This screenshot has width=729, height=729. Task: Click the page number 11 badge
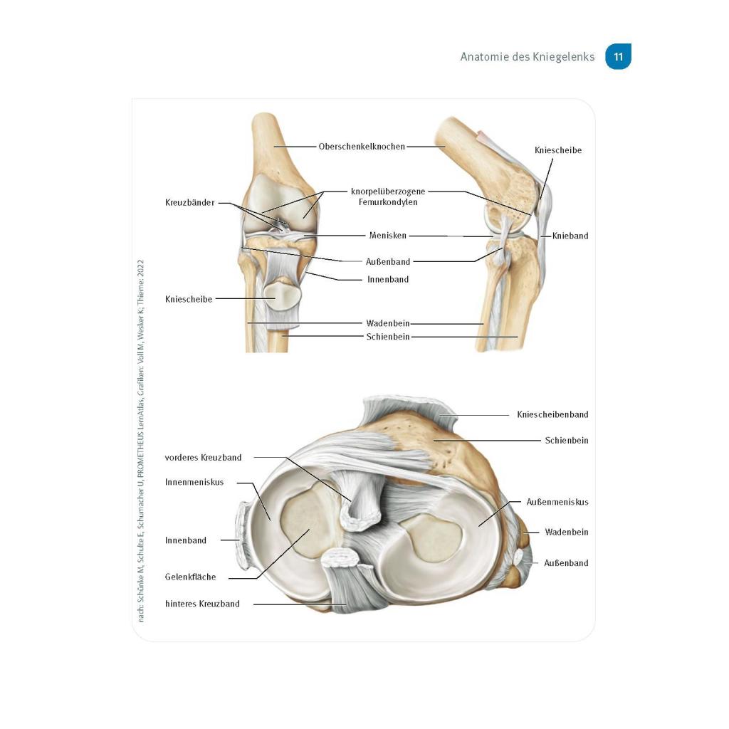618,57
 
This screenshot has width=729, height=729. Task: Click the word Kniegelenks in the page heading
563,57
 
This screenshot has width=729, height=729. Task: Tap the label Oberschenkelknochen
362,147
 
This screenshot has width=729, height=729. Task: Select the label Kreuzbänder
189,203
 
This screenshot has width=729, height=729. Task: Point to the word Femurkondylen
388,201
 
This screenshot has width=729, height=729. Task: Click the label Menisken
388,235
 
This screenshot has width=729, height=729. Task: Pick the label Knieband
570,236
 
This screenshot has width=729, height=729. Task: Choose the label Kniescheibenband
552,414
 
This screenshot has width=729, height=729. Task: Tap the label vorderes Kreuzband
203,458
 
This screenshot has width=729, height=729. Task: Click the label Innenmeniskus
194,482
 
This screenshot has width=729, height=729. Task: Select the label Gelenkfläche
190,577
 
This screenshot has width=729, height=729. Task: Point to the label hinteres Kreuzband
202,604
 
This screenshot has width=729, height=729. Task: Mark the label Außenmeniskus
557,502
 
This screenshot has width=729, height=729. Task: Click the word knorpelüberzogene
388,191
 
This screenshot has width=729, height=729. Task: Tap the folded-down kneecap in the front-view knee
282,294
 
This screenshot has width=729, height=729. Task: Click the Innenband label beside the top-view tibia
186,540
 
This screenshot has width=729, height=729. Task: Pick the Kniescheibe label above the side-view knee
558,150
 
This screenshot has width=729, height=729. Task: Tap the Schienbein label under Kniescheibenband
566,440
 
